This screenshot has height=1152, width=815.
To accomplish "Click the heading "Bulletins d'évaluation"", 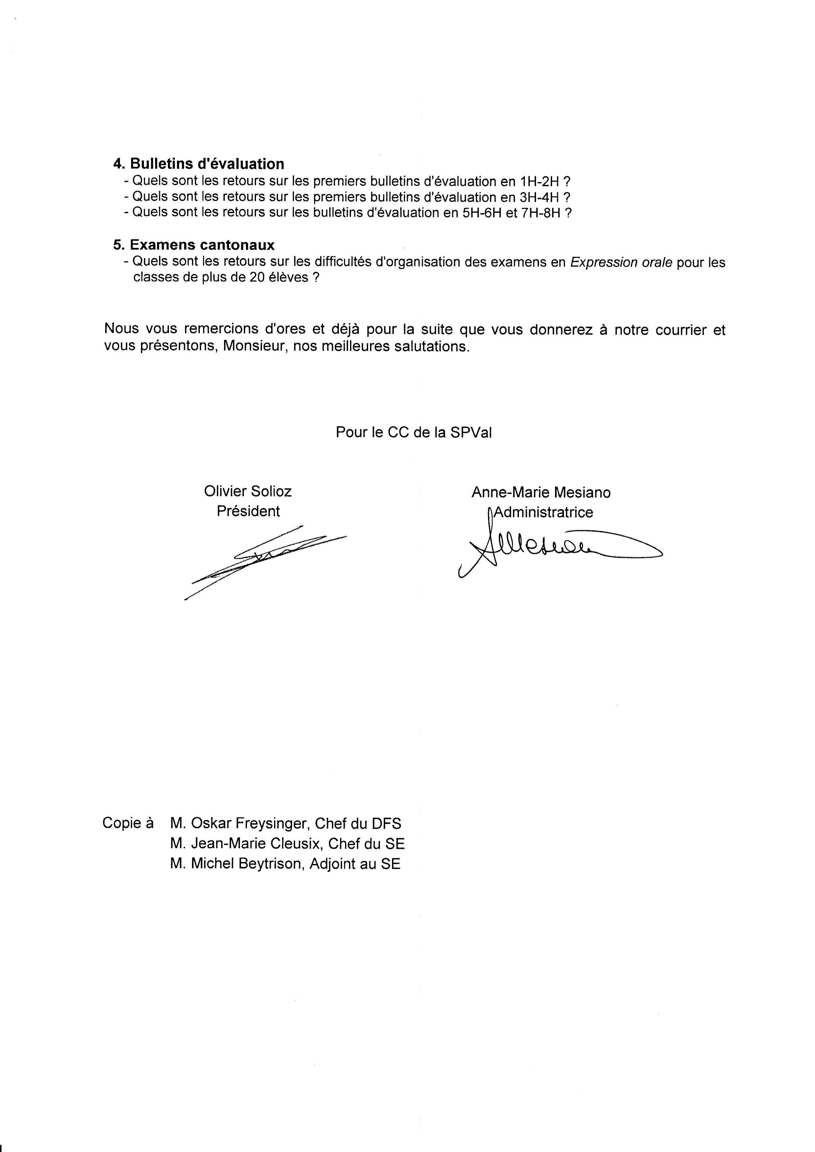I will [x=207, y=164].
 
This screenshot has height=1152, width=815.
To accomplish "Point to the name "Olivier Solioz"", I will [x=247, y=491].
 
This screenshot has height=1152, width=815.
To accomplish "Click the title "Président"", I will [x=248, y=511].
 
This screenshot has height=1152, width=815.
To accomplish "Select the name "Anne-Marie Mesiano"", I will [x=541, y=493].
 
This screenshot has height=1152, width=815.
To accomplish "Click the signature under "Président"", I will [x=266, y=557].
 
